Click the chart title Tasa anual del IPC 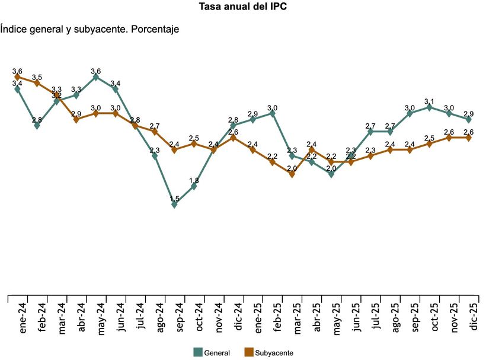pyautogui.click(x=243, y=8)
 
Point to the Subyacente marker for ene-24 pyautogui.click(x=17, y=77)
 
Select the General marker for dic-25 pyautogui.click(x=468, y=119)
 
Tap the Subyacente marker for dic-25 pyautogui.click(x=468, y=138)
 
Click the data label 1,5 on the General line pyautogui.click(x=174, y=199)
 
